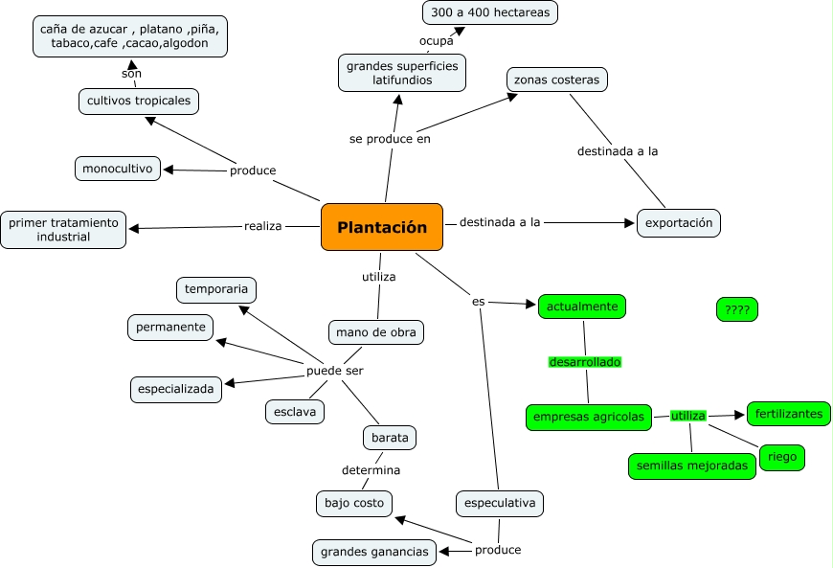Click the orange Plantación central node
[382, 228]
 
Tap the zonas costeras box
[557, 80]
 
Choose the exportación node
[679, 223]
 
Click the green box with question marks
[737, 309]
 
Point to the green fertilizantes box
[788, 414]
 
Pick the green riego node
[781, 458]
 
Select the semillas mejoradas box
[691, 466]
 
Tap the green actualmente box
[582, 307]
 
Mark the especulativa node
[499, 503]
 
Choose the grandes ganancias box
[374, 553]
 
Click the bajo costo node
[353, 502]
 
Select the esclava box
[295, 412]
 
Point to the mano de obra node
[375, 332]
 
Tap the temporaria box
[216, 289]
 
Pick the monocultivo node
[118, 169]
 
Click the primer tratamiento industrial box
[63, 230]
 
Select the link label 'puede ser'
[334, 371]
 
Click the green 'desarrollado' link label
[585, 362]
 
